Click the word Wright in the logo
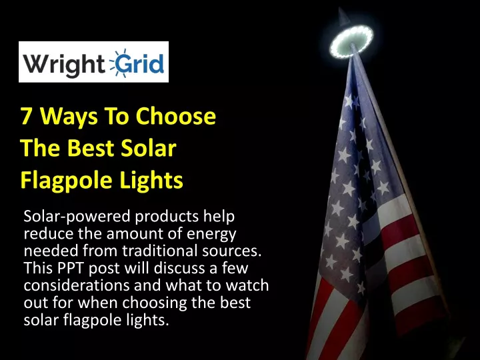64,64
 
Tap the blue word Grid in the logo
141,63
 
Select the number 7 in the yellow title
26,117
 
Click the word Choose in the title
176,116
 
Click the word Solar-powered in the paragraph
77,217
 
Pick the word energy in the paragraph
211,235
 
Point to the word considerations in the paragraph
77,285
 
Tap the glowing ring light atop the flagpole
351,41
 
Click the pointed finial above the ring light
343,17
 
